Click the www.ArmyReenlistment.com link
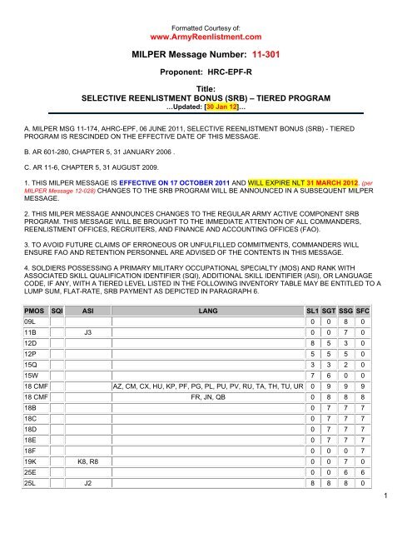(x=205, y=37)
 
